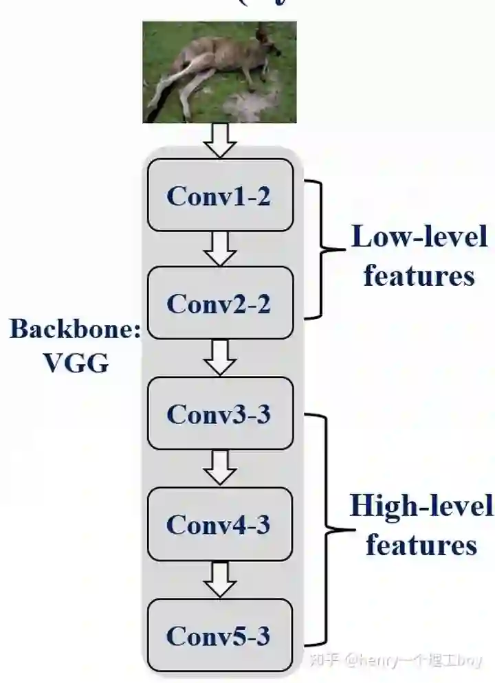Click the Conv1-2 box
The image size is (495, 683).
pos(219,196)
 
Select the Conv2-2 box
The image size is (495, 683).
pos(219,303)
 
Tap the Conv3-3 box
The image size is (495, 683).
pos(219,414)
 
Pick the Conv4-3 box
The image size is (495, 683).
pos(219,524)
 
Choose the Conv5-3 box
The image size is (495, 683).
pos(219,635)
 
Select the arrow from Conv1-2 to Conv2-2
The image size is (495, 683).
pos(220,249)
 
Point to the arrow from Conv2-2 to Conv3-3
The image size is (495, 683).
pos(220,357)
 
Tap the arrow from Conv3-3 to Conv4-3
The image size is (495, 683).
pos(220,469)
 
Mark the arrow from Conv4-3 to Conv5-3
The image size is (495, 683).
pos(220,579)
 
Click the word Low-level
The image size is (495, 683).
pos(419,237)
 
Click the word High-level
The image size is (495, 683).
pos(421,507)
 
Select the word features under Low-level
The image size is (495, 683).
pos(419,276)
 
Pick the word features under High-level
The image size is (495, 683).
pos(421,546)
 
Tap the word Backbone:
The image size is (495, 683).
pos(74,329)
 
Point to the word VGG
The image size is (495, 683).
pos(76,363)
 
